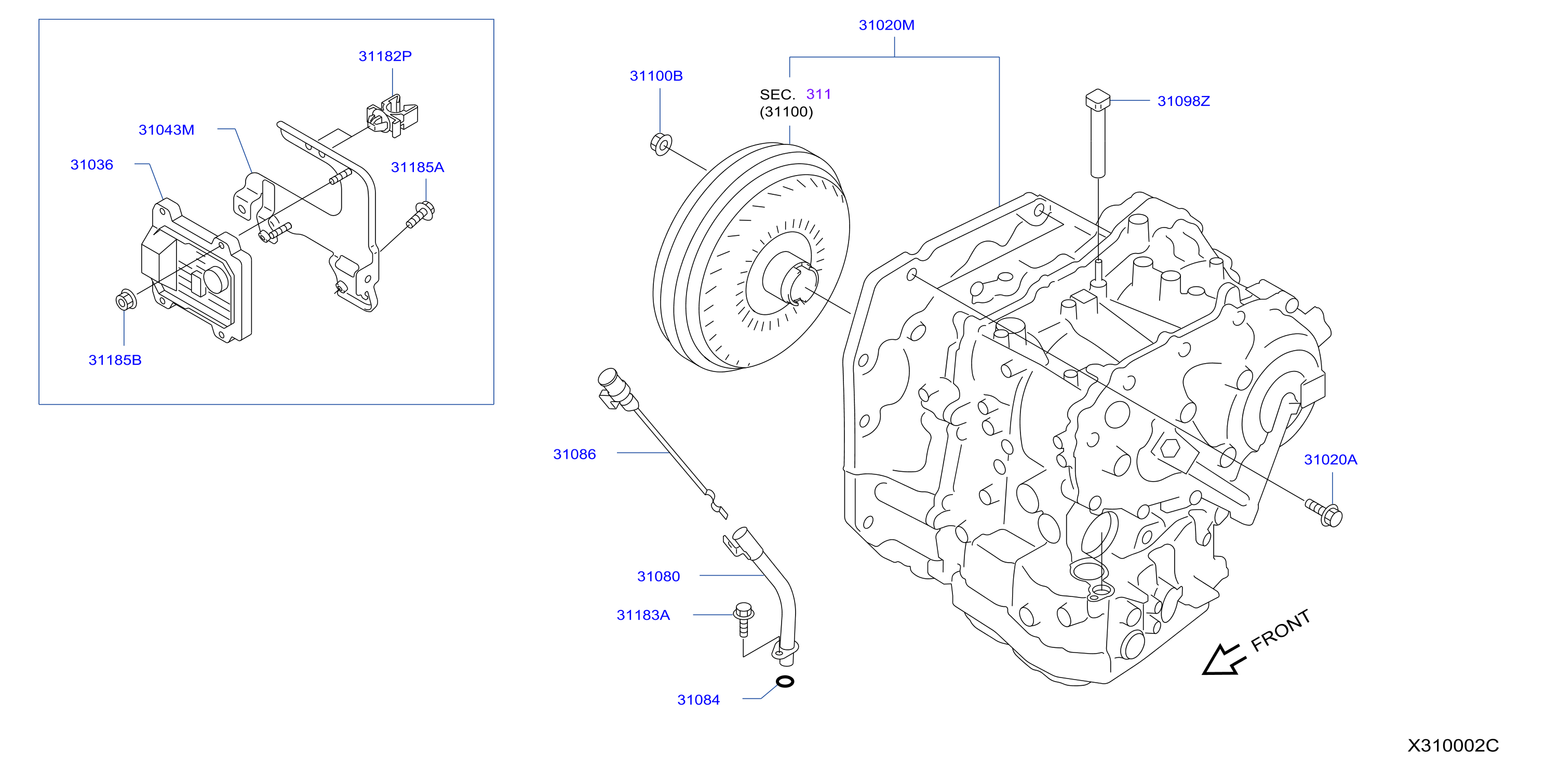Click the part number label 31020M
(x=886, y=25)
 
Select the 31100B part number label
(x=656, y=76)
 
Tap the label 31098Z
(x=1183, y=101)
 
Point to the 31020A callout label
(x=1330, y=460)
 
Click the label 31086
(x=574, y=454)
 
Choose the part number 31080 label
(x=658, y=577)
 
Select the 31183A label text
(x=643, y=615)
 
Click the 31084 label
(x=698, y=700)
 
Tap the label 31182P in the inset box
(x=385, y=56)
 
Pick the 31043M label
(x=166, y=130)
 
